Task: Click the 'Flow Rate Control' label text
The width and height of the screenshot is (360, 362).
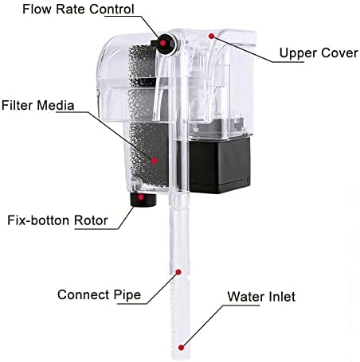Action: pyautogui.click(x=78, y=9)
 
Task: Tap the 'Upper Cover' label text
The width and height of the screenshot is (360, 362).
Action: pyautogui.click(x=319, y=53)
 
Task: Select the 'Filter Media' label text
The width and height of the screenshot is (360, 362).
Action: pyautogui.click(x=37, y=105)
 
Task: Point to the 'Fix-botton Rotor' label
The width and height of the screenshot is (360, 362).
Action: pyautogui.click(x=57, y=220)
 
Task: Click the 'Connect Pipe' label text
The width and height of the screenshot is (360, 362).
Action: pyautogui.click(x=99, y=295)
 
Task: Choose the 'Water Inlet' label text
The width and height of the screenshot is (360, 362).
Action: pyautogui.click(x=261, y=297)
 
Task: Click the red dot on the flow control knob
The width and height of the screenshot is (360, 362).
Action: pyautogui.click(x=162, y=43)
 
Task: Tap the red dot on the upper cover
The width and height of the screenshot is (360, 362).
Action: pyautogui.click(x=211, y=36)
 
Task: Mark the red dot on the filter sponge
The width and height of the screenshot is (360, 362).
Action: pyautogui.click(x=155, y=160)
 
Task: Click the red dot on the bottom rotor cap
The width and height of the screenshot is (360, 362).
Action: pyautogui.click(x=141, y=197)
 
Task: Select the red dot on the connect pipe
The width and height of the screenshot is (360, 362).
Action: pyautogui.click(x=178, y=272)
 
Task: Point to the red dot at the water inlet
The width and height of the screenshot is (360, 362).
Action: pyautogui.click(x=181, y=348)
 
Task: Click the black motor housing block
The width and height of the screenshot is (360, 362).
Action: pyautogui.click(x=220, y=165)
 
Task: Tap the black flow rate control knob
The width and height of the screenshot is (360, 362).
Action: pyautogui.click(x=164, y=44)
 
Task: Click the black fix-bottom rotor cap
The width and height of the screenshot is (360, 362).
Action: pyautogui.click(x=143, y=200)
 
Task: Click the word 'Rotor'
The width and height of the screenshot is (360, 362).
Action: pyautogui.click(x=91, y=220)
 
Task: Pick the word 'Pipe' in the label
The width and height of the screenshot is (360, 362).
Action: pyautogui.click(x=127, y=295)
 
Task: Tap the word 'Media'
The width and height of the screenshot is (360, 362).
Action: pyautogui.click(x=56, y=105)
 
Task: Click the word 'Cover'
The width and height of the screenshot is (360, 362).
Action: pyautogui.click(x=338, y=53)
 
